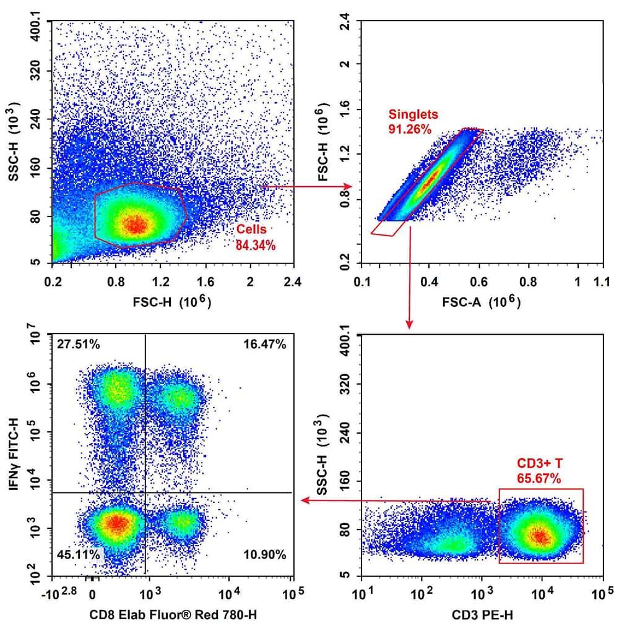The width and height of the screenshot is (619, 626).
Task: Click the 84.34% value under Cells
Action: pos(255,245)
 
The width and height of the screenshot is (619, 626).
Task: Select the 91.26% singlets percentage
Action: pos(410,129)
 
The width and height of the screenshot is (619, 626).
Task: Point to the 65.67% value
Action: pos(539,478)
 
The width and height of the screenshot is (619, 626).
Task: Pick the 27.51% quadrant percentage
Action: pos(77,345)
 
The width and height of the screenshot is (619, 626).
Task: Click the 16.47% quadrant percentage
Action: pos(265,345)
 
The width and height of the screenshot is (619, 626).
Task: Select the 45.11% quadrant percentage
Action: pos(77,554)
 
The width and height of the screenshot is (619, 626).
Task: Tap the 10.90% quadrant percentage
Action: pos(265,554)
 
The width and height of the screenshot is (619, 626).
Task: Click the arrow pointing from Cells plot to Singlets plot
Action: pos(307,186)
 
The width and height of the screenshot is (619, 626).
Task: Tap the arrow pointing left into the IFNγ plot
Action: pos(396,500)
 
